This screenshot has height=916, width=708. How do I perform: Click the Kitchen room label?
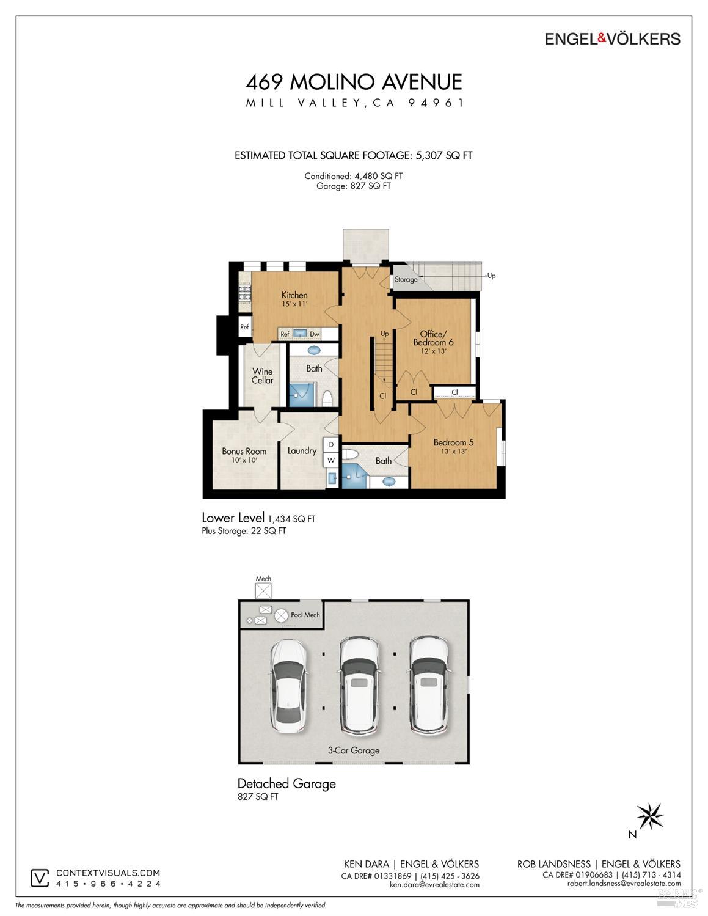point(294,295)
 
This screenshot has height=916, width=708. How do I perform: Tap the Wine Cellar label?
point(263,376)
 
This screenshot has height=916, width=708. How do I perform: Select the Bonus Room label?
point(244,451)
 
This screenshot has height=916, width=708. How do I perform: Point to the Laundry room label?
point(302,450)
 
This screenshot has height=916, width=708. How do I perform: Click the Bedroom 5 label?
point(453,442)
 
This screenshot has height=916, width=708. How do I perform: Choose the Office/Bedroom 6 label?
point(433,338)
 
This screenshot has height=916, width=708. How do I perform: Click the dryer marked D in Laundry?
point(331,445)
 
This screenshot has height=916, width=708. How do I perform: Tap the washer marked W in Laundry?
point(331,460)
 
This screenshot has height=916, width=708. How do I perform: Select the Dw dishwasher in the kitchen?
point(315,334)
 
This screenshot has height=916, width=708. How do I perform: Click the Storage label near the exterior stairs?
point(406,279)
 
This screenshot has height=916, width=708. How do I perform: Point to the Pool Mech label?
point(305,615)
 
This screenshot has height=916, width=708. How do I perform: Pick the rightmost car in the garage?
point(429,685)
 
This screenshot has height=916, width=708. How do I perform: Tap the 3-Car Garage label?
point(354,751)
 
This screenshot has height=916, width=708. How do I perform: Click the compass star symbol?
point(650,816)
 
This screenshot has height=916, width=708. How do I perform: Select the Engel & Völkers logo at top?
point(612,39)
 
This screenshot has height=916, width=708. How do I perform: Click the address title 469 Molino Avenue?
point(354,82)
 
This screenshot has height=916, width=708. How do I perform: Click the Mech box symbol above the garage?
point(263,591)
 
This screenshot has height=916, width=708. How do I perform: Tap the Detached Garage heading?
point(286,783)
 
